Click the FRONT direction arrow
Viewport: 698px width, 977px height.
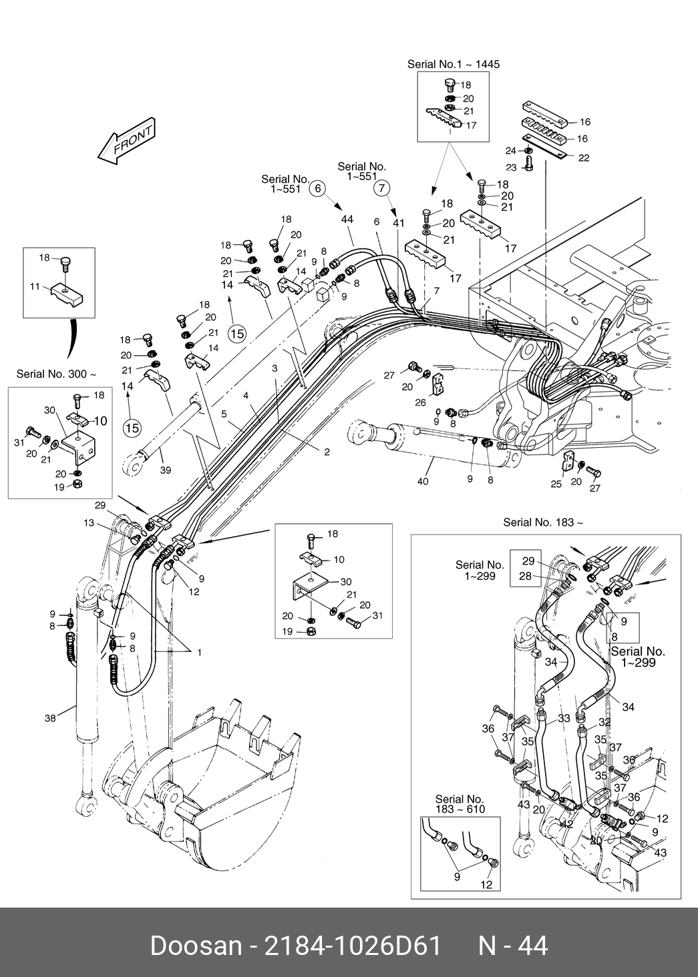coord(127,141)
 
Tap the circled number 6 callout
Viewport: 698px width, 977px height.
coord(318,188)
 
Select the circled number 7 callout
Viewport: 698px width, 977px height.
coord(382,188)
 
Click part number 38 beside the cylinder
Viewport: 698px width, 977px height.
coord(50,717)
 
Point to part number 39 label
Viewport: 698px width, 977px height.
coord(166,470)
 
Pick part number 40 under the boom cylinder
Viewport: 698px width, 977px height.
coord(423,481)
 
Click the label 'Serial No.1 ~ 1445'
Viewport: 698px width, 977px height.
coord(454,64)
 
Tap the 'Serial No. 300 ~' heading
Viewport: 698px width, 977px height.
coord(56,374)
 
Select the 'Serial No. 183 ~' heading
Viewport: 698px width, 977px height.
coord(543,522)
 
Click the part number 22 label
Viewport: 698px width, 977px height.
coord(584,158)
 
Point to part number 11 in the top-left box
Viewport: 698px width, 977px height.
coord(35,286)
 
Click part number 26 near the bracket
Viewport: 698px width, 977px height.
coord(420,402)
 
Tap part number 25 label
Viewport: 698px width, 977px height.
coord(556,484)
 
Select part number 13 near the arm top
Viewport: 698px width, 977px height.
coord(89,523)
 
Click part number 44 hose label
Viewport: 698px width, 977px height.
coord(347,220)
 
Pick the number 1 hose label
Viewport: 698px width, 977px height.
coord(200,653)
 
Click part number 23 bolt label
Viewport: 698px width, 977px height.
coord(511,168)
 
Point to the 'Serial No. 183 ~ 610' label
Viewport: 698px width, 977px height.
coord(460,804)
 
